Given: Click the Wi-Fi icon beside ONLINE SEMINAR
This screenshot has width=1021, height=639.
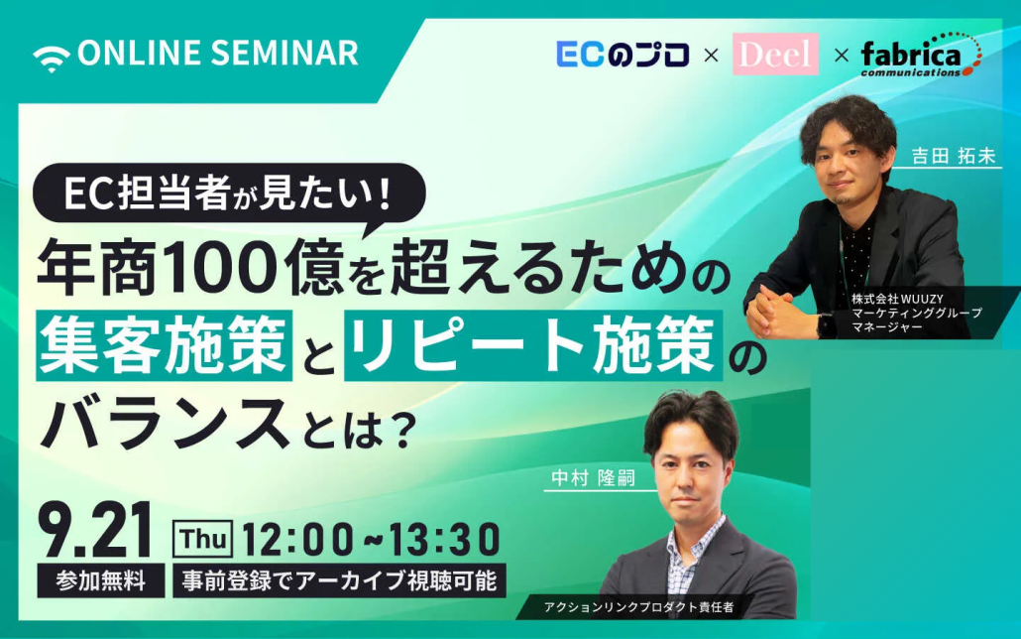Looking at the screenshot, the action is pyautogui.click(x=52, y=57).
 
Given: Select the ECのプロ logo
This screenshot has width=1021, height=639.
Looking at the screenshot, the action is pyautogui.click(x=624, y=55).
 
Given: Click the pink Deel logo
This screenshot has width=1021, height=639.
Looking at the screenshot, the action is pyautogui.click(x=775, y=55).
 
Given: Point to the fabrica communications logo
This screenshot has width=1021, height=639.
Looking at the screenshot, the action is pyautogui.click(x=921, y=56).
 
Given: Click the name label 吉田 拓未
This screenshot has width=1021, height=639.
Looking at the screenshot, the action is pyautogui.click(x=954, y=156).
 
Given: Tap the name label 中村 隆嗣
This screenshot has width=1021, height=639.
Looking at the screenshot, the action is pyautogui.click(x=593, y=478).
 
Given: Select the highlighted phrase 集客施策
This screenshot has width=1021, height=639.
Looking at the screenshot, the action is pyautogui.click(x=165, y=345).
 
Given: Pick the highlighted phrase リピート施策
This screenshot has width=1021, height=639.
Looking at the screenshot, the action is pyautogui.click(x=533, y=345).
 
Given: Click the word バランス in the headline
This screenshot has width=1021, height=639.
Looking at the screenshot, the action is pyautogui.click(x=166, y=423).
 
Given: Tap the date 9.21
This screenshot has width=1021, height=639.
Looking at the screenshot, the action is pyautogui.click(x=95, y=530).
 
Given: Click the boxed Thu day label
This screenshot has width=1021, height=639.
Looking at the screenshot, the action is pyautogui.click(x=202, y=539).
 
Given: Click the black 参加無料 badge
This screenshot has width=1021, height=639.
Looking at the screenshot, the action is pyautogui.click(x=101, y=580).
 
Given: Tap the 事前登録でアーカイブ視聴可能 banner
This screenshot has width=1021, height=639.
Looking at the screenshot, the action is pyautogui.click(x=339, y=580).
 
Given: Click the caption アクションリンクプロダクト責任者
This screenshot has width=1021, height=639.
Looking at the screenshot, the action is pyautogui.click(x=638, y=607).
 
